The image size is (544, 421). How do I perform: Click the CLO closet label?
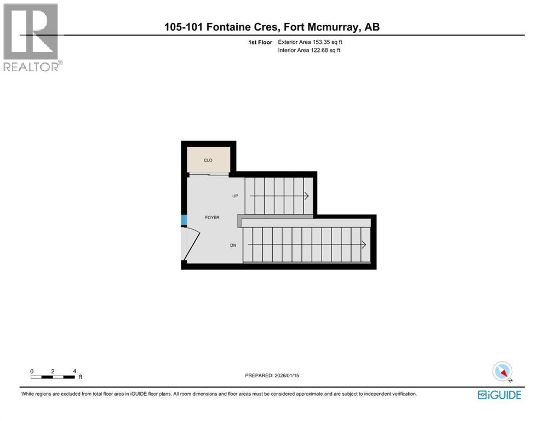(x=208, y=160)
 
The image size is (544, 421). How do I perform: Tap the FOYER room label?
(x=212, y=218)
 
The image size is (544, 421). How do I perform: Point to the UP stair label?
(x=235, y=196)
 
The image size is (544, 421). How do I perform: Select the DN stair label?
(x=233, y=245)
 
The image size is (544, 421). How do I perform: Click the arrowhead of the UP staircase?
(x=307, y=196)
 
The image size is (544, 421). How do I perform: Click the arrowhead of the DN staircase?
(x=364, y=244)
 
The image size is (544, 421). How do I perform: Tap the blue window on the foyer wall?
(x=184, y=220)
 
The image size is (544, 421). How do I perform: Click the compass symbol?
(x=502, y=372)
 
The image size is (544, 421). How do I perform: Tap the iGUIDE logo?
(x=499, y=395)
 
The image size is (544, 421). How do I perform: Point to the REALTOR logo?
(x=32, y=37)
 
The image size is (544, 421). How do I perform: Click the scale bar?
(x=53, y=377)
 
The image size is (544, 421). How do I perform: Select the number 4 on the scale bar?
(x=74, y=371)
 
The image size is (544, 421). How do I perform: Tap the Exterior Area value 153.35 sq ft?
(x=327, y=42)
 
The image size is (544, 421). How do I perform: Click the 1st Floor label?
(x=261, y=42)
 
